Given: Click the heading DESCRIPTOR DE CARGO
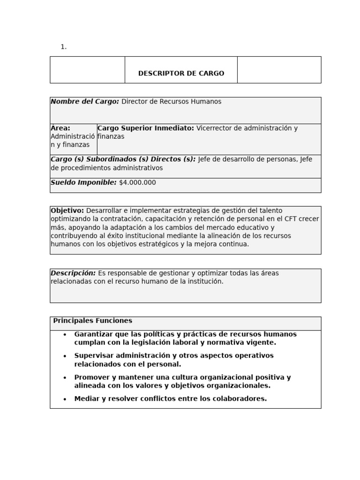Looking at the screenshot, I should click(x=181, y=74).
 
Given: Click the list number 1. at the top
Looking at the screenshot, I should click(x=63, y=47).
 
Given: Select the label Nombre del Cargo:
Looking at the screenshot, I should click(x=85, y=102).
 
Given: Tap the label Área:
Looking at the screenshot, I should click(x=60, y=128).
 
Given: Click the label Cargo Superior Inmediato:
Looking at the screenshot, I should click(x=145, y=128).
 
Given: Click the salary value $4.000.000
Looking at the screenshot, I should click(x=137, y=183).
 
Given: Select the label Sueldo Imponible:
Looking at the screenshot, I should click(x=83, y=183).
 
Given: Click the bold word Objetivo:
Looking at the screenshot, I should click(x=67, y=211).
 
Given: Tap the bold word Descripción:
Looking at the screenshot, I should click(x=73, y=273).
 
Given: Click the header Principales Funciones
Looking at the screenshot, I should click(x=92, y=321).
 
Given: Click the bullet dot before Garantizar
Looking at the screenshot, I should click(x=65, y=335).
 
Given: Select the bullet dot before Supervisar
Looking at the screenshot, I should click(x=65, y=356).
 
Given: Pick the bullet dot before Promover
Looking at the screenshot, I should click(x=65, y=378).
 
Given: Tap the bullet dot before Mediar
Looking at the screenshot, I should click(x=65, y=399).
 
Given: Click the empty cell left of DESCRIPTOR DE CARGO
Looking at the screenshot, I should click(x=87, y=70).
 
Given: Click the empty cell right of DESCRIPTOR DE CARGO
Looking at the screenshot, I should click(x=279, y=70).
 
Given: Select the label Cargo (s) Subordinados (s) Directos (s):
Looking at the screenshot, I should click(x=123, y=159).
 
